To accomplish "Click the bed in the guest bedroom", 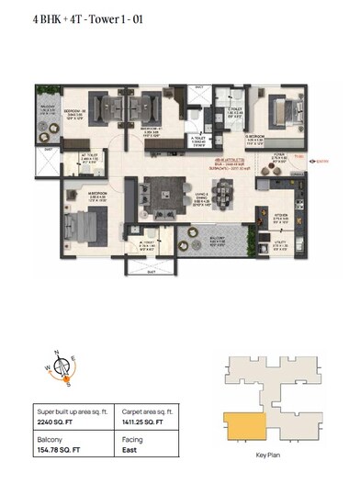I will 284,110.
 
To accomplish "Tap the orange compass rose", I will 62,367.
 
